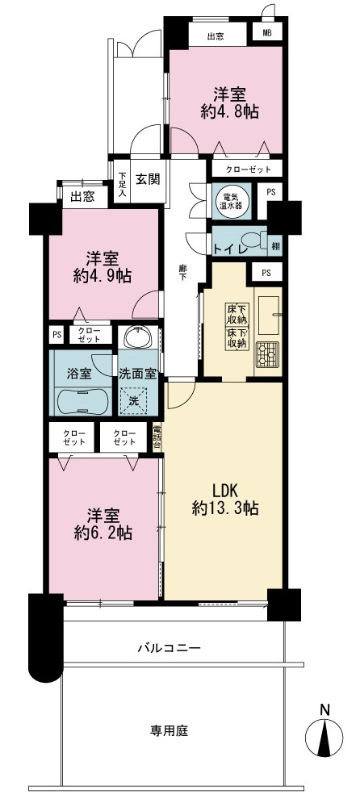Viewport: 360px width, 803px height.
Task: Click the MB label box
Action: coord(268,34)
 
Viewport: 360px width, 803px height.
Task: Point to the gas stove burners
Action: coord(268,354)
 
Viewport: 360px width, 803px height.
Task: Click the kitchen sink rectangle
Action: coord(268,312)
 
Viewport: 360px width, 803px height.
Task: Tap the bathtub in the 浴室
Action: coord(82,402)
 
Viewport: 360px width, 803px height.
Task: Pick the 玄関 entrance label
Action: coord(148,179)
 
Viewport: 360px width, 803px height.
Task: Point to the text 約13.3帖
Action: coord(225,508)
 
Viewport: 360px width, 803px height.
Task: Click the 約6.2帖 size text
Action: coord(103,533)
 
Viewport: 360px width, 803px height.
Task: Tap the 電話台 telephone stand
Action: coord(157,437)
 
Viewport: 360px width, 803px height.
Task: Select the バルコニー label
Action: coord(169,648)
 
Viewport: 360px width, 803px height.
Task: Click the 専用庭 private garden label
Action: coord(169,731)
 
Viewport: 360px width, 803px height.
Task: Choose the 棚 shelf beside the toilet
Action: coord(275,246)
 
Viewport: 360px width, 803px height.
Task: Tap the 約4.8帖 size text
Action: coord(229,111)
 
